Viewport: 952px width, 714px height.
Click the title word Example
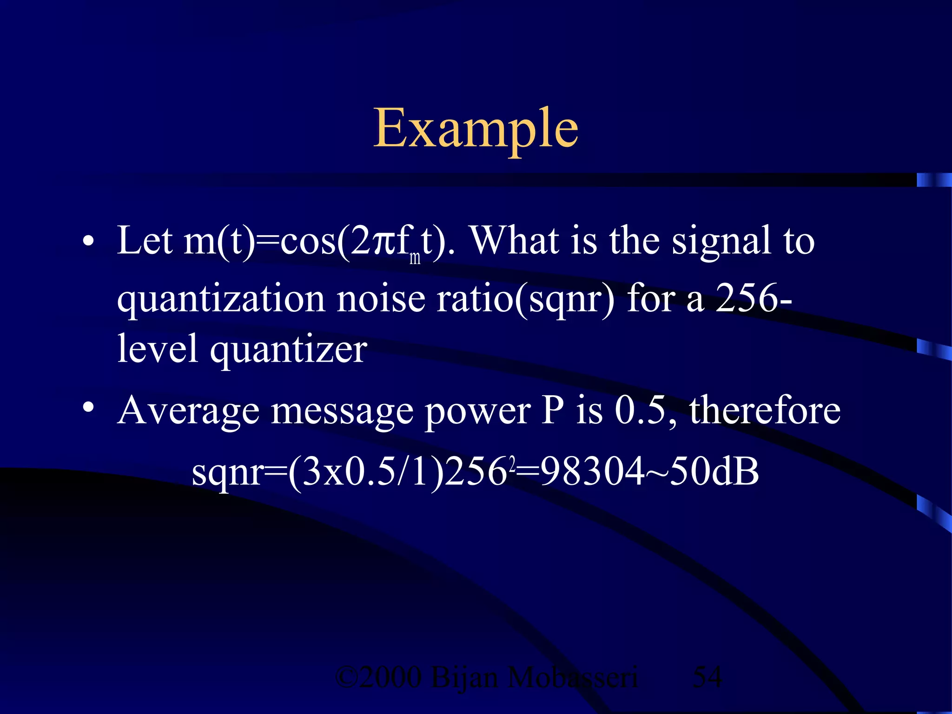click(476, 127)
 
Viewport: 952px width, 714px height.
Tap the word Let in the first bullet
click(145, 241)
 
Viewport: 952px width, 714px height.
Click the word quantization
click(221, 299)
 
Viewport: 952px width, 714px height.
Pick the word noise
click(381, 298)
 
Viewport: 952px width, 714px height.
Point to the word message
click(342, 412)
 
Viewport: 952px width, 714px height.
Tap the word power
click(477, 412)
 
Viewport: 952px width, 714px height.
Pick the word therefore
click(765, 410)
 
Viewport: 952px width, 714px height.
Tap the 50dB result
click(714, 471)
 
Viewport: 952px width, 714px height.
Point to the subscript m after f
click(415, 258)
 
